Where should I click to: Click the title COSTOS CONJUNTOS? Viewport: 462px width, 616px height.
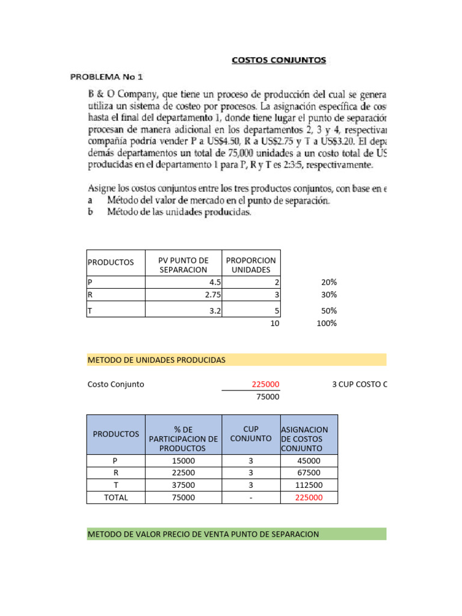pos(279,60)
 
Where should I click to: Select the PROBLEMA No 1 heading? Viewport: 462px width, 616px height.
pos(106,77)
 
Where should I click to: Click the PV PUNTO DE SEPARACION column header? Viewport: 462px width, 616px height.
pos(183,265)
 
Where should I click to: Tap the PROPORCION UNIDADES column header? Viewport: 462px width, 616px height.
pos(251,265)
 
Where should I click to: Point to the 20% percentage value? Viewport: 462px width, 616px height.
pos(328,283)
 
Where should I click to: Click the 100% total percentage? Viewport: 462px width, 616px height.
pos(327,323)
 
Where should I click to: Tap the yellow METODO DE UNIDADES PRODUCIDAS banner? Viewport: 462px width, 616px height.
pos(236,360)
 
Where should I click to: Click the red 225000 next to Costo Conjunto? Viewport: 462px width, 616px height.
pos(265,384)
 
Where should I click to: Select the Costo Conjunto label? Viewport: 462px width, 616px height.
pos(115,384)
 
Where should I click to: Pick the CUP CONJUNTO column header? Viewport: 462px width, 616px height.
pos(250,434)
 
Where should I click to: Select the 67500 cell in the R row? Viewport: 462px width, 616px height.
pos(309,472)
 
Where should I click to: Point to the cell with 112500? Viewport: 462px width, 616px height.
pos(309,485)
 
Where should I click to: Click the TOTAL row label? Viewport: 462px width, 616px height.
pos(115,497)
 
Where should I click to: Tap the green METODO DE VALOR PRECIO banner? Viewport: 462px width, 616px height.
pos(236,534)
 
